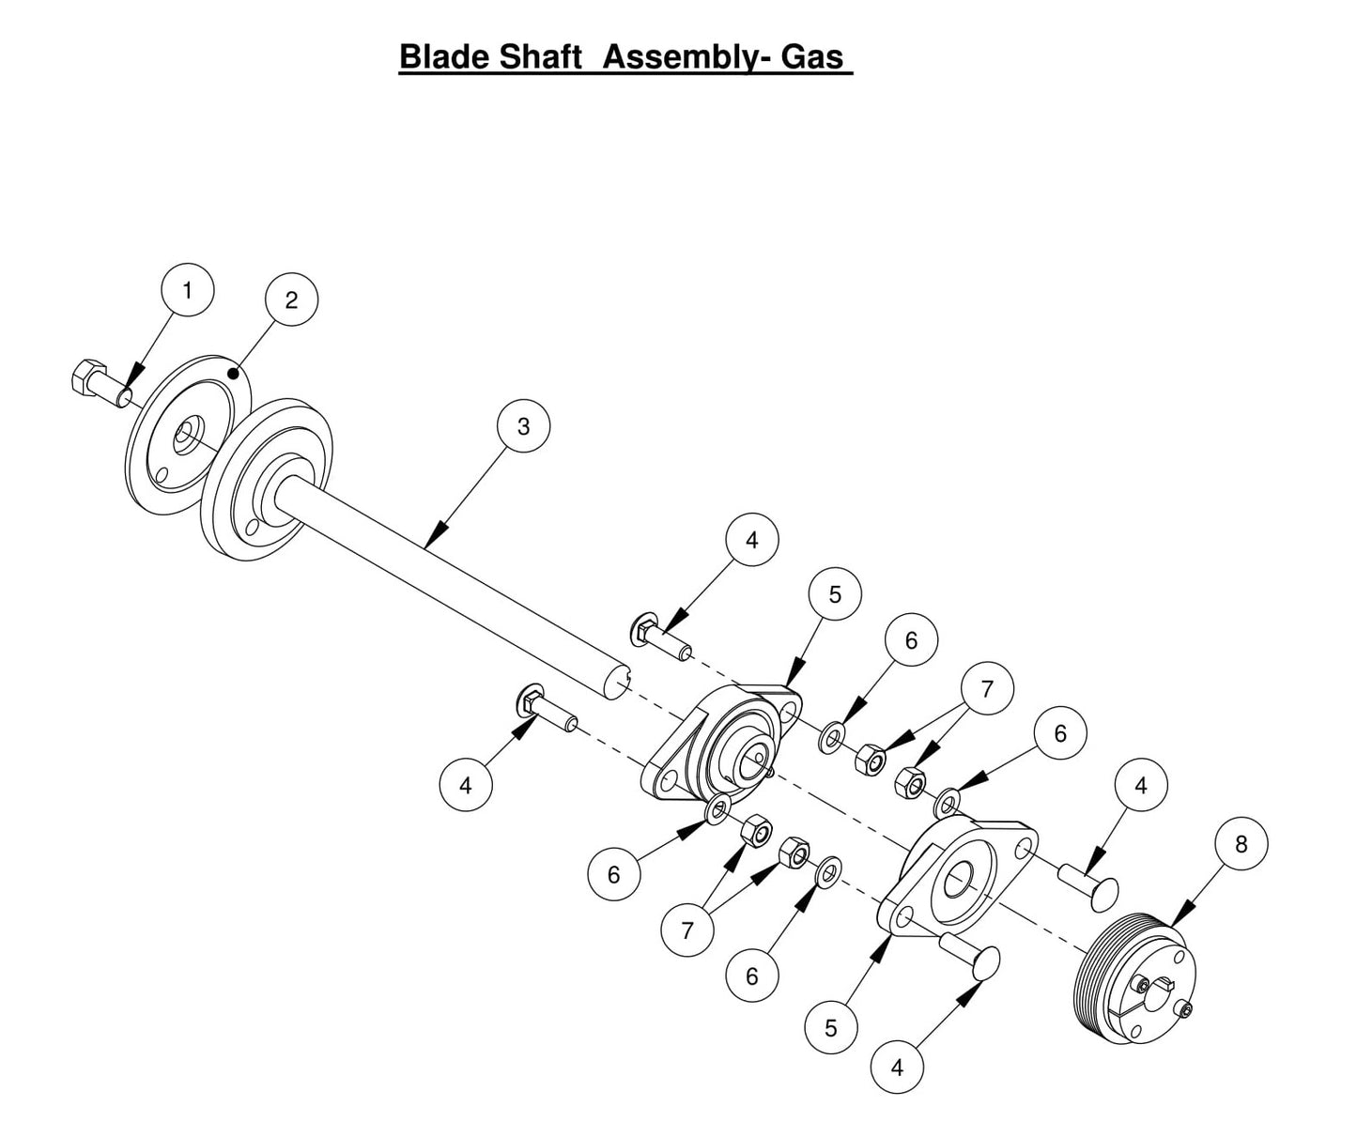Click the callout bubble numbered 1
[187, 291]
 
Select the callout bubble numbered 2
[291, 300]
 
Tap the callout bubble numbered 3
[523, 426]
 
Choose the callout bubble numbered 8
[1241, 845]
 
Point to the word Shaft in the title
[540, 56]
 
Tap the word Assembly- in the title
[686, 56]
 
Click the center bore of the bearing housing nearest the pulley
[959, 879]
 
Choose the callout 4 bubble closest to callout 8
[1140, 785]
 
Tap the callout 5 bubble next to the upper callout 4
[834, 594]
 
